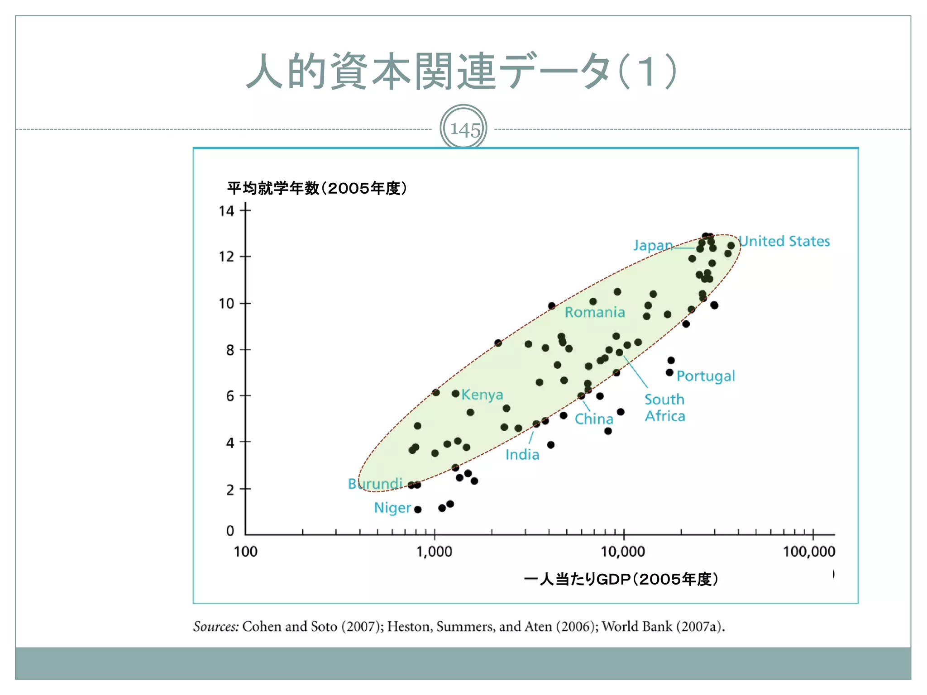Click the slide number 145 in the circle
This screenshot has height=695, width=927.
pyautogui.click(x=464, y=129)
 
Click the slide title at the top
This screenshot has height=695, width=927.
pyautogui.click(x=462, y=71)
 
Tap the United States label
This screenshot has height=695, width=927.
pyautogui.click(x=785, y=241)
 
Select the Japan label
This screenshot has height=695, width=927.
pyautogui.click(x=652, y=245)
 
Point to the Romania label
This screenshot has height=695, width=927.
pyautogui.click(x=595, y=312)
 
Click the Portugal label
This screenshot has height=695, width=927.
pyautogui.click(x=706, y=376)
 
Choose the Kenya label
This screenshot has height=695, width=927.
pyautogui.click(x=482, y=395)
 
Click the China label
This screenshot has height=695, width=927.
pyautogui.click(x=594, y=419)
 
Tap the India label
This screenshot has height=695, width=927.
pyautogui.click(x=522, y=454)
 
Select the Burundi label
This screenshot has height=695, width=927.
pyautogui.click(x=375, y=484)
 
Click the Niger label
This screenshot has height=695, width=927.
pyautogui.click(x=392, y=508)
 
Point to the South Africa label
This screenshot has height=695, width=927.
pyautogui.click(x=664, y=408)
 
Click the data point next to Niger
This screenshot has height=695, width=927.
pyautogui.click(x=418, y=509)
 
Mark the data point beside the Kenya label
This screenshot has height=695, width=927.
pyautogui.click(x=455, y=394)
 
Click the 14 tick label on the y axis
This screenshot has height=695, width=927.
pyautogui.click(x=226, y=211)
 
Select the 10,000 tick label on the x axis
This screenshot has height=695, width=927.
pyautogui.click(x=623, y=552)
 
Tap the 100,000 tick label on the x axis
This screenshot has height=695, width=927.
pyautogui.click(x=809, y=552)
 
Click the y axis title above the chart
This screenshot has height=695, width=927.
pyautogui.click(x=317, y=188)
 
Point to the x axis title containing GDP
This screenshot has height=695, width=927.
pyautogui.click(x=621, y=579)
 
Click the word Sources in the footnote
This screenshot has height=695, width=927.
pyautogui.click(x=215, y=626)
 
